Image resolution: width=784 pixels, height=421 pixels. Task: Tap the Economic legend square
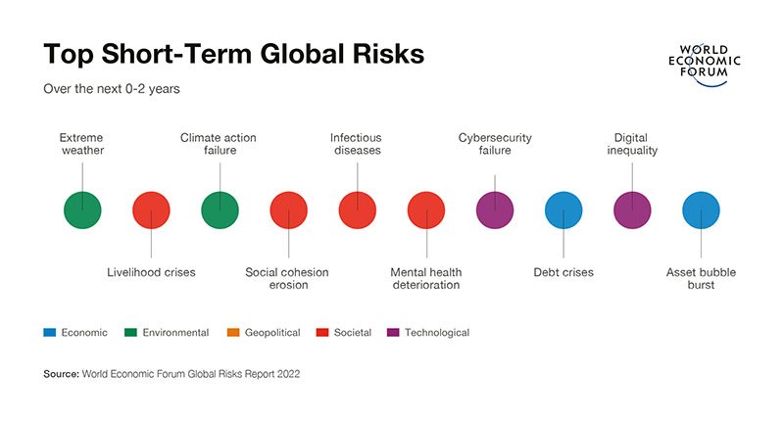click(x=47, y=333)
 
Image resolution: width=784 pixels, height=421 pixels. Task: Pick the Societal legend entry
click(x=344, y=333)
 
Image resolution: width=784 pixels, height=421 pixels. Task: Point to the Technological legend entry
click(x=431, y=333)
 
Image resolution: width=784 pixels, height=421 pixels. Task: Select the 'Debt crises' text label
click(x=563, y=272)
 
